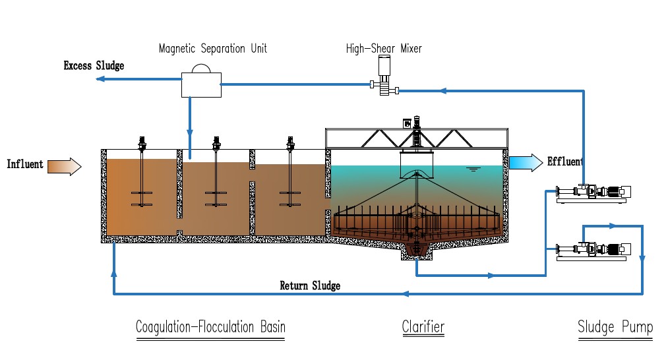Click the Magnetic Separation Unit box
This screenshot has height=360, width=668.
201,84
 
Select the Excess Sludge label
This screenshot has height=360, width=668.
94,66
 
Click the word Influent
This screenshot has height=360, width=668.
25,164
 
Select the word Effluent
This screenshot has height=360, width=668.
565,161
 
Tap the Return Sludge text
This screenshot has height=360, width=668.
310,285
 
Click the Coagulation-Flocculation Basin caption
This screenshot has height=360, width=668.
210,327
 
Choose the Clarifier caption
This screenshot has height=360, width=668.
423,327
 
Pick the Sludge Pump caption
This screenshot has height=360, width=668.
615,327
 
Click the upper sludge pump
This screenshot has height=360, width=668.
593,193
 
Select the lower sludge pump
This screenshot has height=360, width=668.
593,250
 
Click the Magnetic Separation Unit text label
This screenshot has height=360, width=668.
213,49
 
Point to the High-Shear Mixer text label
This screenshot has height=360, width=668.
384,48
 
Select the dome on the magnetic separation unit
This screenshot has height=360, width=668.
201,68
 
